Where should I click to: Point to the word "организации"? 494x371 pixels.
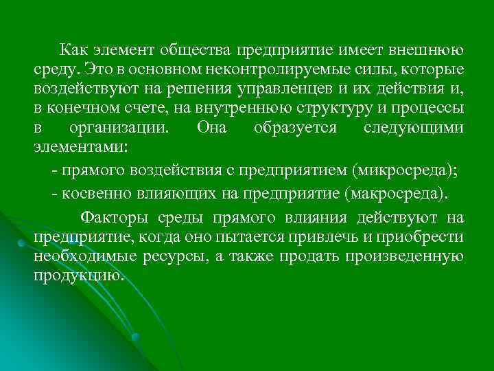(x=128, y=127)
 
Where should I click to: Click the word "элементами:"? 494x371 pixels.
(x=69, y=146)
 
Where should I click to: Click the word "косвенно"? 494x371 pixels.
(x=94, y=194)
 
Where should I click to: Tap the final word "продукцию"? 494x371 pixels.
(x=80, y=276)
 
